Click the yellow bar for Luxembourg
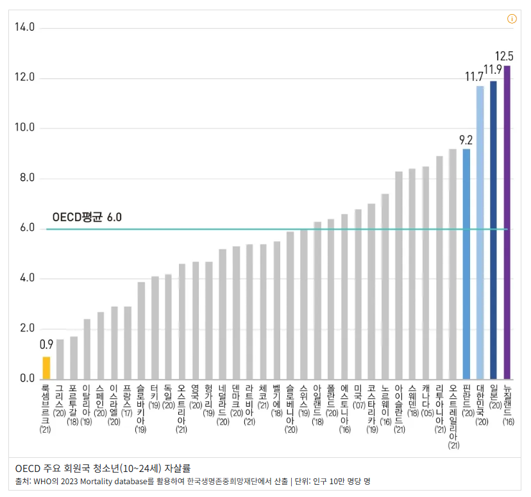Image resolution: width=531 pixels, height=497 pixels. [46, 367]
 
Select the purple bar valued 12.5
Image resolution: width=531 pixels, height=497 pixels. [507, 222]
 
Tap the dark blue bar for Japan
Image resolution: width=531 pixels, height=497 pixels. [493, 230]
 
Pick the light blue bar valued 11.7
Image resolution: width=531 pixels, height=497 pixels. [480, 232]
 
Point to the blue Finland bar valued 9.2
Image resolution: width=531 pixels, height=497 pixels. [466, 264]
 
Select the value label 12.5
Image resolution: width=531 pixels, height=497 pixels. [504, 55]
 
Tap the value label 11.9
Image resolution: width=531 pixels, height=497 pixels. [493, 69]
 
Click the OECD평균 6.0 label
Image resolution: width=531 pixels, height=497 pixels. [87, 217]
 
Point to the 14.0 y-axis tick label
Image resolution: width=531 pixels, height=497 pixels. [24, 28]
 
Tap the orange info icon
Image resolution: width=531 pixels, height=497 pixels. [512, 19]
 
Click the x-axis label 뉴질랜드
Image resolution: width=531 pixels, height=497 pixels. [509, 401]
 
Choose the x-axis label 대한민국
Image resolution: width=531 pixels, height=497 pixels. [482, 401]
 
